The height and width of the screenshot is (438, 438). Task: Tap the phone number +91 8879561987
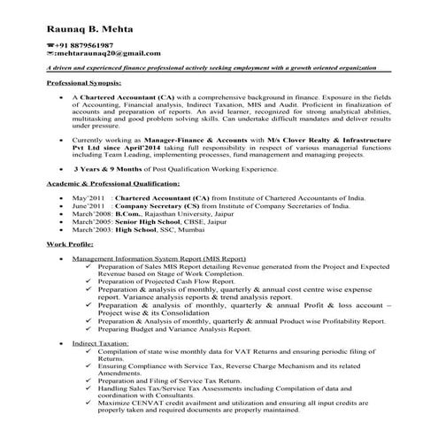pyautogui.click(x=84, y=43)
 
